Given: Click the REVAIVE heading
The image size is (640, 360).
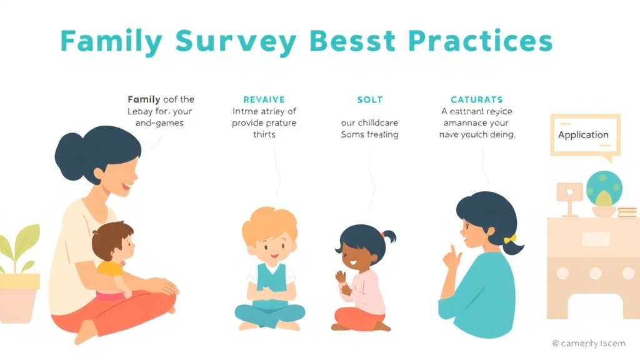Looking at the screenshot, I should click(264, 99).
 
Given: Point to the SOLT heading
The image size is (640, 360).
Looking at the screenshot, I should click(369, 99).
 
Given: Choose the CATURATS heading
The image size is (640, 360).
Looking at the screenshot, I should click(477, 99).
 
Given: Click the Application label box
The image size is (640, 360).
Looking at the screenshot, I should click(583, 134).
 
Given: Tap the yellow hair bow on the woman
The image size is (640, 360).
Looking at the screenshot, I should click(511, 239).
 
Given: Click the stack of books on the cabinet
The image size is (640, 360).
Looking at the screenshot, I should click(627, 212).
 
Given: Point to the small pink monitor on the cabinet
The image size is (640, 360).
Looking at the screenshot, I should click(569, 192).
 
